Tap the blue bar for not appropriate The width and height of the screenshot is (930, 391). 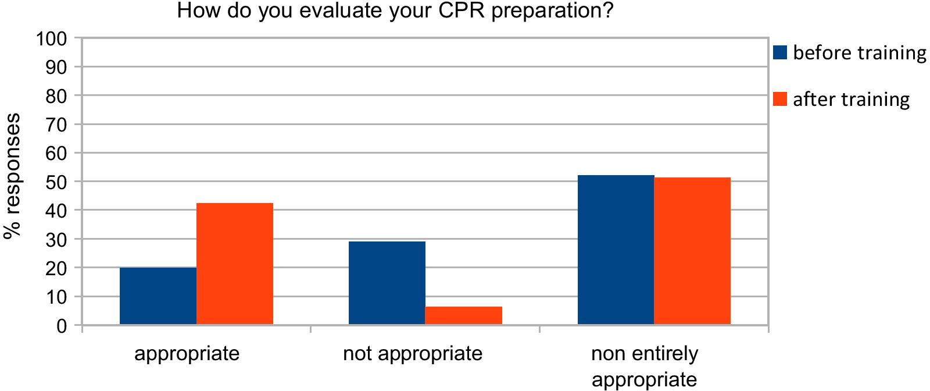(x=387, y=283)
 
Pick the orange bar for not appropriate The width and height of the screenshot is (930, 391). (x=463, y=315)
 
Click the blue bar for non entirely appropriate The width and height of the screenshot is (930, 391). (x=616, y=250)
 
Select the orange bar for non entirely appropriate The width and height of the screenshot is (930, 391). (x=692, y=251)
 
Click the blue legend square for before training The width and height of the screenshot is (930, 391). (x=780, y=53)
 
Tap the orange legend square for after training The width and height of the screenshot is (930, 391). (x=780, y=99)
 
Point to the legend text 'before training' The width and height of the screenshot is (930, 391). (x=859, y=53)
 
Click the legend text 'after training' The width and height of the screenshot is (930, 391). (x=851, y=99)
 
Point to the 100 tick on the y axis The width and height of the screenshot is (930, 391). (x=52, y=39)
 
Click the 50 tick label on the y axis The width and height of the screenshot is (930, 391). (x=58, y=182)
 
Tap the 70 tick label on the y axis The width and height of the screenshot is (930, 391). (x=58, y=125)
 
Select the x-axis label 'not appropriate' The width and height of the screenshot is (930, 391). (x=413, y=353)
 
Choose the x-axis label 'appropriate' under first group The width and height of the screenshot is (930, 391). (x=187, y=353)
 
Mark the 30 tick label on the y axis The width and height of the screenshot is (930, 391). (x=58, y=240)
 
